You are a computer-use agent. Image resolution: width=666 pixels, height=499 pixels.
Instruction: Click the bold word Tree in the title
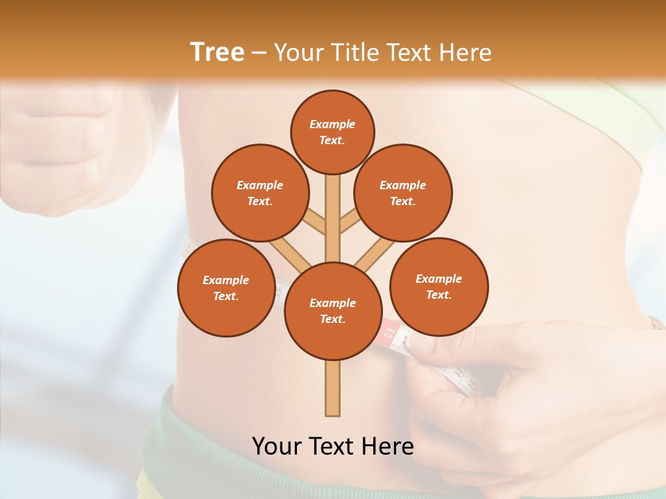(x=217, y=52)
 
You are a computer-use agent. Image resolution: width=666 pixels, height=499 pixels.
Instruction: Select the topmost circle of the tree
(x=332, y=132)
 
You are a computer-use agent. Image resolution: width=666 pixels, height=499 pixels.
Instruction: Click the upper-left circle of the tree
(x=259, y=193)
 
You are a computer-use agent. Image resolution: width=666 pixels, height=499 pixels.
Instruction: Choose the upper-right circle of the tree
(x=403, y=193)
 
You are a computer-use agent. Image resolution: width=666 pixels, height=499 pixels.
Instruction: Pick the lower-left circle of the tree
(x=225, y=288)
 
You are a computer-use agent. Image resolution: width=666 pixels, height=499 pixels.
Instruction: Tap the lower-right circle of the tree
(x=438, y=286)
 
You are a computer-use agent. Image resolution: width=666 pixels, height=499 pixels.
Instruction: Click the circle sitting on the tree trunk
(x=332, y=311)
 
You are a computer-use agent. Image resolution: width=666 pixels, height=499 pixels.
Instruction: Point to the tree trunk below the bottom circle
(x=332, y=388)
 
